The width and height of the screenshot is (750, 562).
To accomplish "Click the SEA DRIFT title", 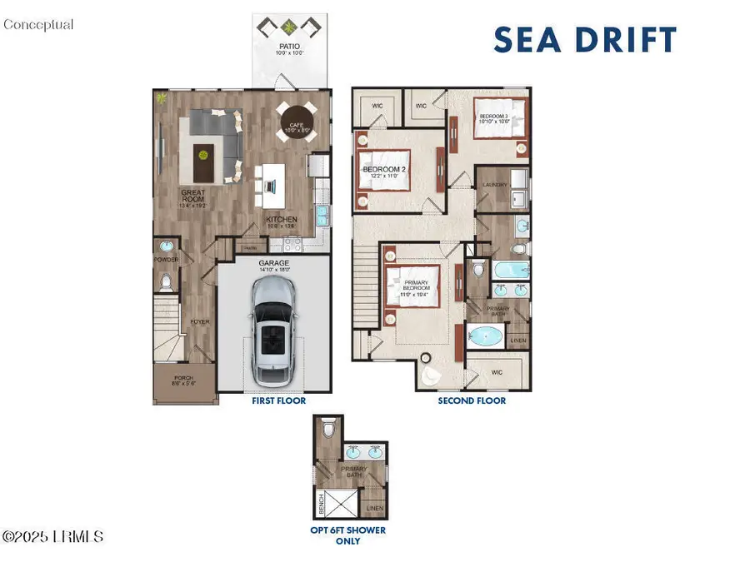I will (x=585, y=40).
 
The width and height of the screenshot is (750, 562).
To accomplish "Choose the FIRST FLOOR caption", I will (x=278, y=400).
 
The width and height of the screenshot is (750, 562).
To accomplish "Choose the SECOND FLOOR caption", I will (x=472, y=400).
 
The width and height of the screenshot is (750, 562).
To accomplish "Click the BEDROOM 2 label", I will (x=384, y=170).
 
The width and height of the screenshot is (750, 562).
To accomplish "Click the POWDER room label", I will (x=166, y=259).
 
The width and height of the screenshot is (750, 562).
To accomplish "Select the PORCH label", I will (x=182, y=378).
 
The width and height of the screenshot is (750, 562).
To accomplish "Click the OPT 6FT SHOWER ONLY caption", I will (x=347, y=535).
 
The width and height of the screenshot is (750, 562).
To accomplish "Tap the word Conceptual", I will (x=38, y=24).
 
